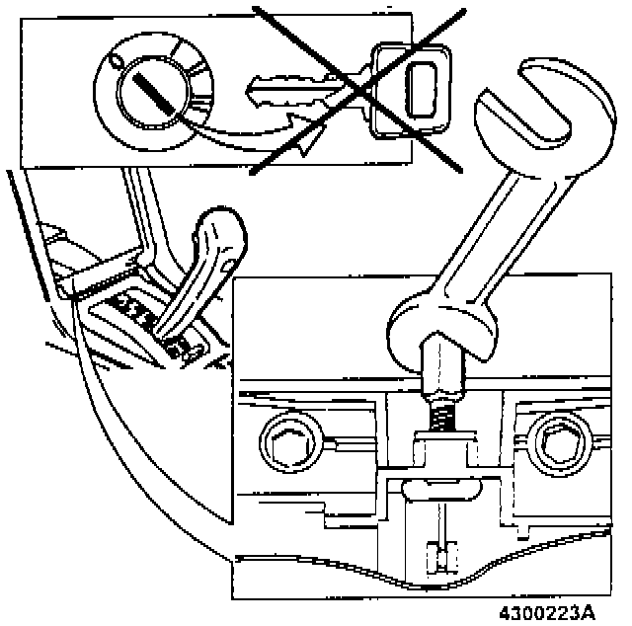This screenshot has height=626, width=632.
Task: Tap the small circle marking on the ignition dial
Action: (x=117, y=61)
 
